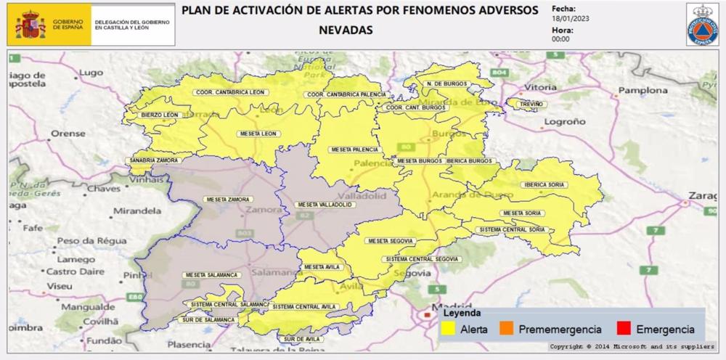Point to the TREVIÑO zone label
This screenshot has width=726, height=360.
(528, 105)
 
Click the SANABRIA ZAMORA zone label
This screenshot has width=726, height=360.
(155, 160)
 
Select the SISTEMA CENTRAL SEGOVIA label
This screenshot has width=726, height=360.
(423, 259)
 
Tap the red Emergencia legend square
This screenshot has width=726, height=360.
(622, 329)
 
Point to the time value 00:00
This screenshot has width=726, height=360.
(560, 39)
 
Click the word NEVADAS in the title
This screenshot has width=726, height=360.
(346, 30)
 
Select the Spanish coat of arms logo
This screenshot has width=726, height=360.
(30, 25)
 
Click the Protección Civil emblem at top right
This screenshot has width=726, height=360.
(702, 25)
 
